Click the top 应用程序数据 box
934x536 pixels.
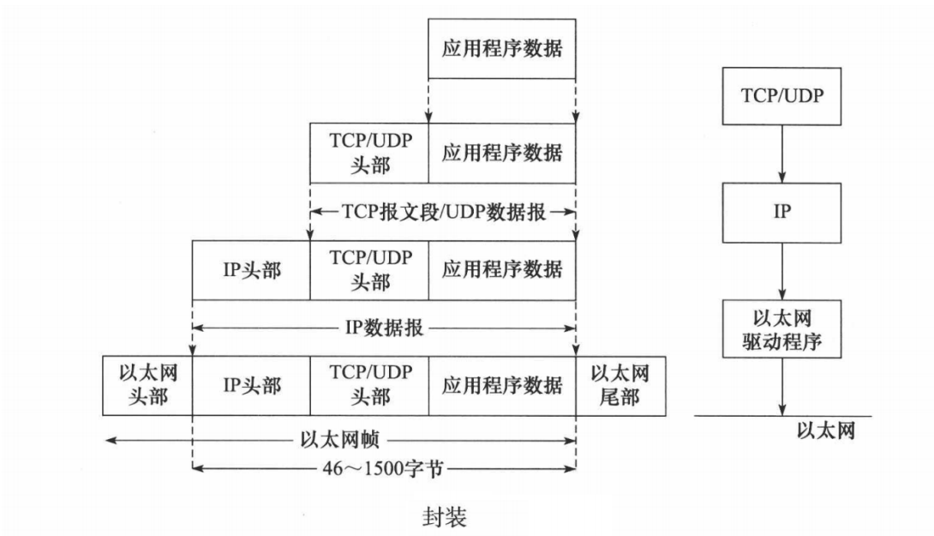point(502,49)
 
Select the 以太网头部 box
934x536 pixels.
point(147,386)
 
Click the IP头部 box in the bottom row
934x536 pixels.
point(252,386)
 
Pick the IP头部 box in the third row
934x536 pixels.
point(252,269)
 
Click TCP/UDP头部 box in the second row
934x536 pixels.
point(369,153)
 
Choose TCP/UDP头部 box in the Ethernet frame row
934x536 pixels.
point(369,386)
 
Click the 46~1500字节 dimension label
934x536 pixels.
point(383,468)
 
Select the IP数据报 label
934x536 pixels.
point(383,327)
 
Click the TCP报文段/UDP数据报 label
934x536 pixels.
point(442,210)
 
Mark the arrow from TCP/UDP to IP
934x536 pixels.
point(781,152)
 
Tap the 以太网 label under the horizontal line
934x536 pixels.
point(824,431)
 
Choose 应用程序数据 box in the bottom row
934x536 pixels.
point(502,386)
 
